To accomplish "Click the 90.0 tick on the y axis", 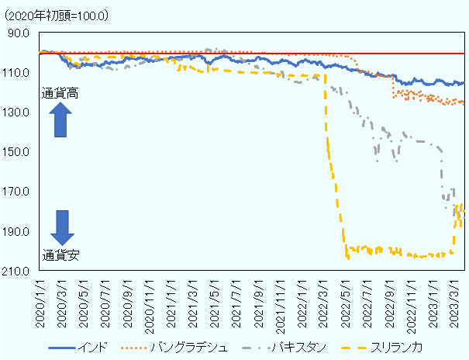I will pyautogui.click(x=18, y=33).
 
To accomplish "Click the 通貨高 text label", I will pyautogui.click(x=60, y=94).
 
